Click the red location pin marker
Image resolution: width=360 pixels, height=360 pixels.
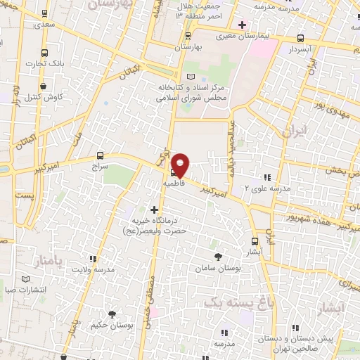181,164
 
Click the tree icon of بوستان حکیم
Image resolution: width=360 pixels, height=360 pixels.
111,314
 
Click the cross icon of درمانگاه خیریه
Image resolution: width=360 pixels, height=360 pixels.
154,209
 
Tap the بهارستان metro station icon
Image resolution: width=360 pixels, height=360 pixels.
188,35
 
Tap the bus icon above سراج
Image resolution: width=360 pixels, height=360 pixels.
100,156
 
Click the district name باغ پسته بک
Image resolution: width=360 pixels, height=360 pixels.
229,301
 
